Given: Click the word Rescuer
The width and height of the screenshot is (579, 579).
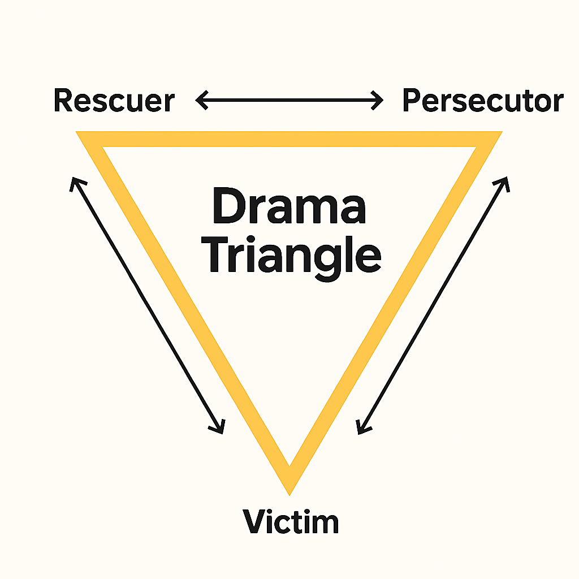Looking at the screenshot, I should (114, 101).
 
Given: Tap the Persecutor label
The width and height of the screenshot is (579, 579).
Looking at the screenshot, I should (482, 101).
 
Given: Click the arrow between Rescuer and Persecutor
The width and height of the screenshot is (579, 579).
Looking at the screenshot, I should (289, 102).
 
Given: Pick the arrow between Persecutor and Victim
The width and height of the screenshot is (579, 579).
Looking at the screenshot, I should (433, 305).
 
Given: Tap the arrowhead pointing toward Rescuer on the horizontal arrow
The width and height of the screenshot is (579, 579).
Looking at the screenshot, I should (200, 102).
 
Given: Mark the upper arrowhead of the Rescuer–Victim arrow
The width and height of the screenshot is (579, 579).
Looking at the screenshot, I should (75, 182).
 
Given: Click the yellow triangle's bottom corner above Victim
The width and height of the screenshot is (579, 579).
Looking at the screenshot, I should (289, 481).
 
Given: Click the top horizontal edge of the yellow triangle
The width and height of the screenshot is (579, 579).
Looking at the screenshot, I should (289, 139).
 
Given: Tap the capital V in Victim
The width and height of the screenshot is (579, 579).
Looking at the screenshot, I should (254, 521).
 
